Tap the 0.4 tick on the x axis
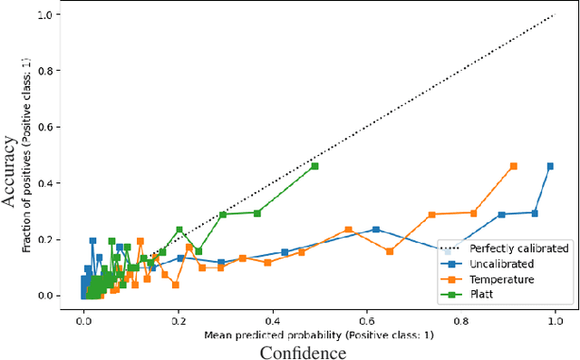click(x=273, y=319)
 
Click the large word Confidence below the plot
click(x=303, y=351)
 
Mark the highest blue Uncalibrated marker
click(x=550, y=166)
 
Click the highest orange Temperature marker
click(x=514, y=166)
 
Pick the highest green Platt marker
click(x=314, y=166)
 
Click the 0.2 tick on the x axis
click(x=179, y=319)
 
